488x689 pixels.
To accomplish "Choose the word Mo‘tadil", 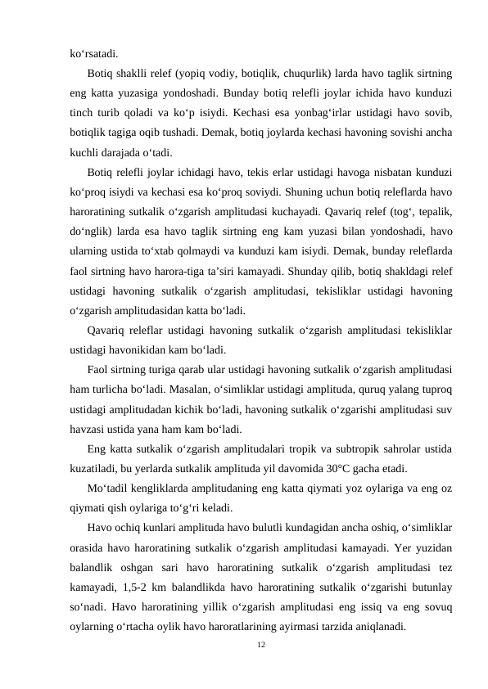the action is click(106, 489).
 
